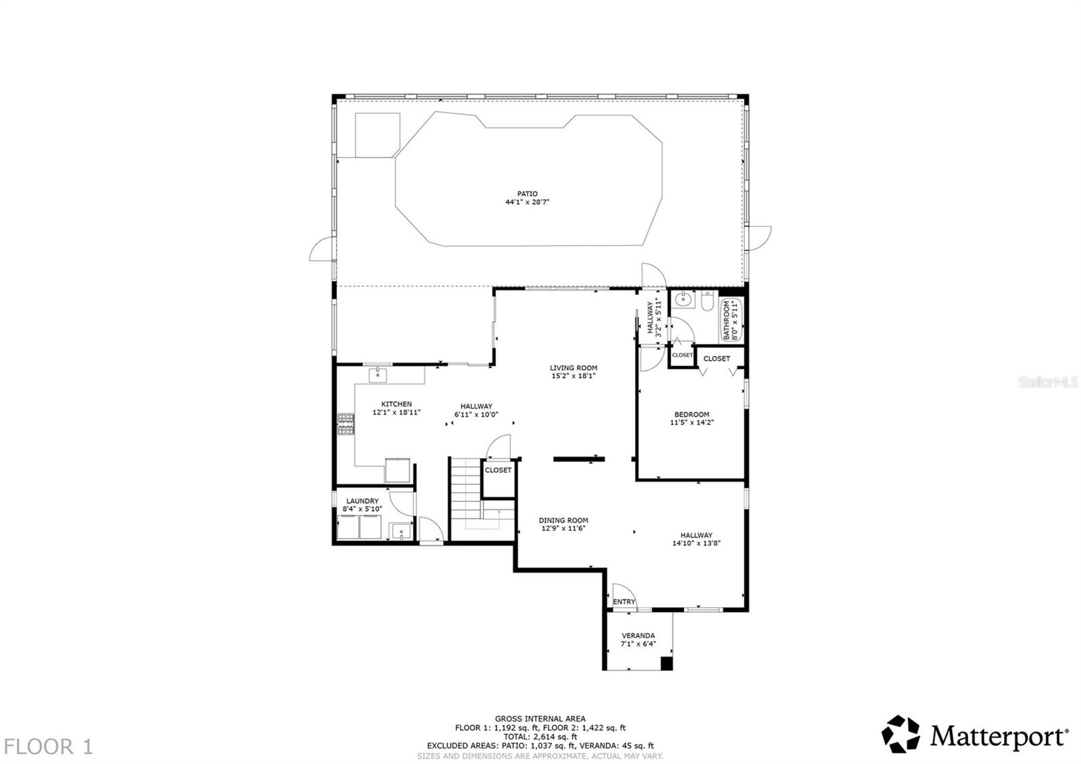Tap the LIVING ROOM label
(x=573, y=368)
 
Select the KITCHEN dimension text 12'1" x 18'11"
(x=397, y=412)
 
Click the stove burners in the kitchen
(x=346, y=424)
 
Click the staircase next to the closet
(x=466, y=490)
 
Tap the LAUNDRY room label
(x=362, y=501)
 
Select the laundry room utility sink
(x=401, y=532)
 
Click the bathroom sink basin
(x=683, y=300)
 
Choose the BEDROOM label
(x=692, y=414)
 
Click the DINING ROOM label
(x=563, y=520)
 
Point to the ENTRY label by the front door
(x=624, y=602)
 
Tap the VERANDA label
(x=638, y=636)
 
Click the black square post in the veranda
(x=666, y=663)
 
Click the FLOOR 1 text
(x=49, y=746)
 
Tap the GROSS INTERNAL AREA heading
(x=540, y=719)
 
